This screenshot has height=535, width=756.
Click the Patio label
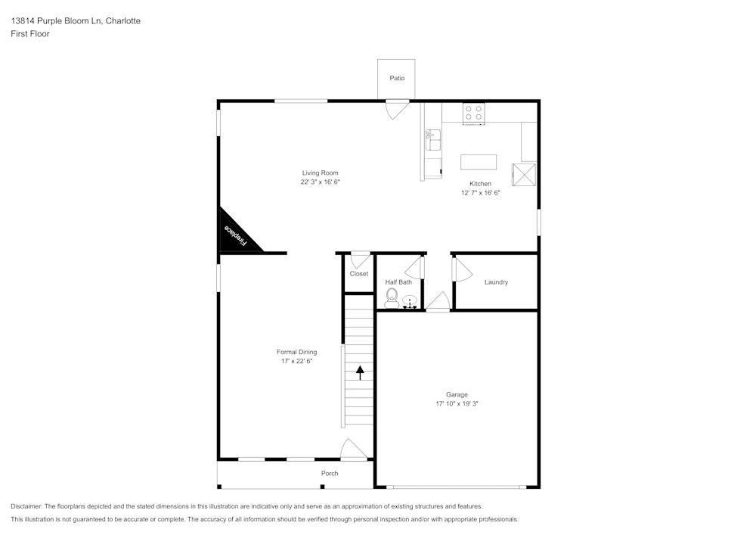point(397,78)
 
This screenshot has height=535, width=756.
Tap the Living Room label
point(320,173)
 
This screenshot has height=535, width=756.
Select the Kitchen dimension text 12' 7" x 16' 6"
point(480,193)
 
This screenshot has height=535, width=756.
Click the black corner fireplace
point(234,235)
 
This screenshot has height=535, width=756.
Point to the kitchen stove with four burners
point(474,113)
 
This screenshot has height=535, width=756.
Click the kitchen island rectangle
point(479,162)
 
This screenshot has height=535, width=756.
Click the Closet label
point(359,274)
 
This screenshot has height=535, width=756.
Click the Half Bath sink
point(411,303)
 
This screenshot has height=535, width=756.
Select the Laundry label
point(496,282)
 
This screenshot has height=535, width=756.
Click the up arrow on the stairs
point(360,372)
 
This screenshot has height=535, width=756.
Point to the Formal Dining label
point(296,352)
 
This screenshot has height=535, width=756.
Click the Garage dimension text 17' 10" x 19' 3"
point(457,404)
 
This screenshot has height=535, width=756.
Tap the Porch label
point(330,474)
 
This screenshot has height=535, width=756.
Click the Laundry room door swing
point(460,269)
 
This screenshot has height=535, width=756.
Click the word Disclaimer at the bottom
point(26,506)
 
